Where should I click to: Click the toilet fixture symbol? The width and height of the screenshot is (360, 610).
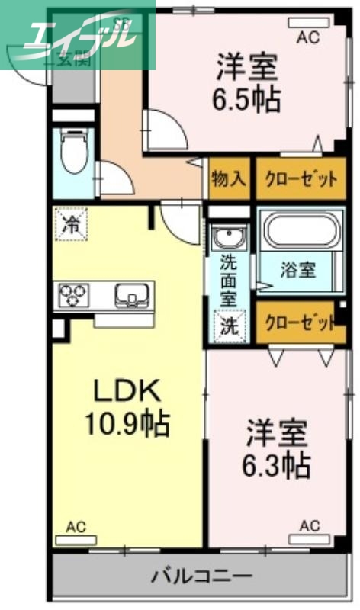74,156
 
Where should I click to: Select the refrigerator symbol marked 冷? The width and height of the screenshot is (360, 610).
71,225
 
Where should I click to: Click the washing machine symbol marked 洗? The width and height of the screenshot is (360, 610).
228,327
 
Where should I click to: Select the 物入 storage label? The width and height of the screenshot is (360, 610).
228,180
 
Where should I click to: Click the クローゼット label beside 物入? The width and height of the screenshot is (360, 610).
301,180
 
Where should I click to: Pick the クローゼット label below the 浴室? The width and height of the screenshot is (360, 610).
301,321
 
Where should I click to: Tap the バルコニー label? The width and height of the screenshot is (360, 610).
201,574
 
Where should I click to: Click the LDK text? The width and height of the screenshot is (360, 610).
126,391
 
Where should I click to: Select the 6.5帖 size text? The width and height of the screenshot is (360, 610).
246,99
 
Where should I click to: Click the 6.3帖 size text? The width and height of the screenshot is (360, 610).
277,464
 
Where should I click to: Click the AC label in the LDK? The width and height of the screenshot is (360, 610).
76,526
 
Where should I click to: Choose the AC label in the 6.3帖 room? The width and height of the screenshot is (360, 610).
309,526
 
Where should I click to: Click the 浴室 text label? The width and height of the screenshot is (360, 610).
297,268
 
